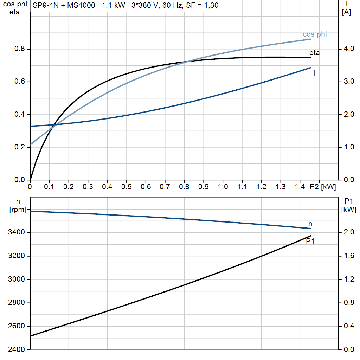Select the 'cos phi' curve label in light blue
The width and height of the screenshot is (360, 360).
pyautogui.click(x=315, y=34)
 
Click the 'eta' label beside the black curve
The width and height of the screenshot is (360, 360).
pyautogui.click(x=314, y=53)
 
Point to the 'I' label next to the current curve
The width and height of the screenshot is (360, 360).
pyautogui.click(x=314, y=73)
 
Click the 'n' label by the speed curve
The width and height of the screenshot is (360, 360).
pyautogui.click(x=310, y=224)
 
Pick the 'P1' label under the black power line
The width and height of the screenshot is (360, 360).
pyautogui.click(x=310, y=241)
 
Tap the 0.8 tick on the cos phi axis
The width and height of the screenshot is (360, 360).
pyautogui.click(x=19, y=49)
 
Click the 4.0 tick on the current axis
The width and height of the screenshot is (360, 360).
pyautogui.click(x=348, y=49)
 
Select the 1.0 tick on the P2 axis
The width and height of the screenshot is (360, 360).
pyautogui.click(x=223, y=187)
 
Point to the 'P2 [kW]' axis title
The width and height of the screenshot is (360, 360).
pyautogui.click(x=323, y=187)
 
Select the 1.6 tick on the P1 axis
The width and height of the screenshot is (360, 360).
pyautogui.click(x=348, y=256)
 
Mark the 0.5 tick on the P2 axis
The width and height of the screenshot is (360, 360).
pyautogui.click(x=126, y=187)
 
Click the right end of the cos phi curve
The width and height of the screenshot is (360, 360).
pyautogui.click(x=310, y=39)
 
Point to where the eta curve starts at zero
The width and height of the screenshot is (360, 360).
pyautogui.click(x=31, y=179)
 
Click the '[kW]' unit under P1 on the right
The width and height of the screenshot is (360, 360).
pyautogui.click(x=348, y=210)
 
